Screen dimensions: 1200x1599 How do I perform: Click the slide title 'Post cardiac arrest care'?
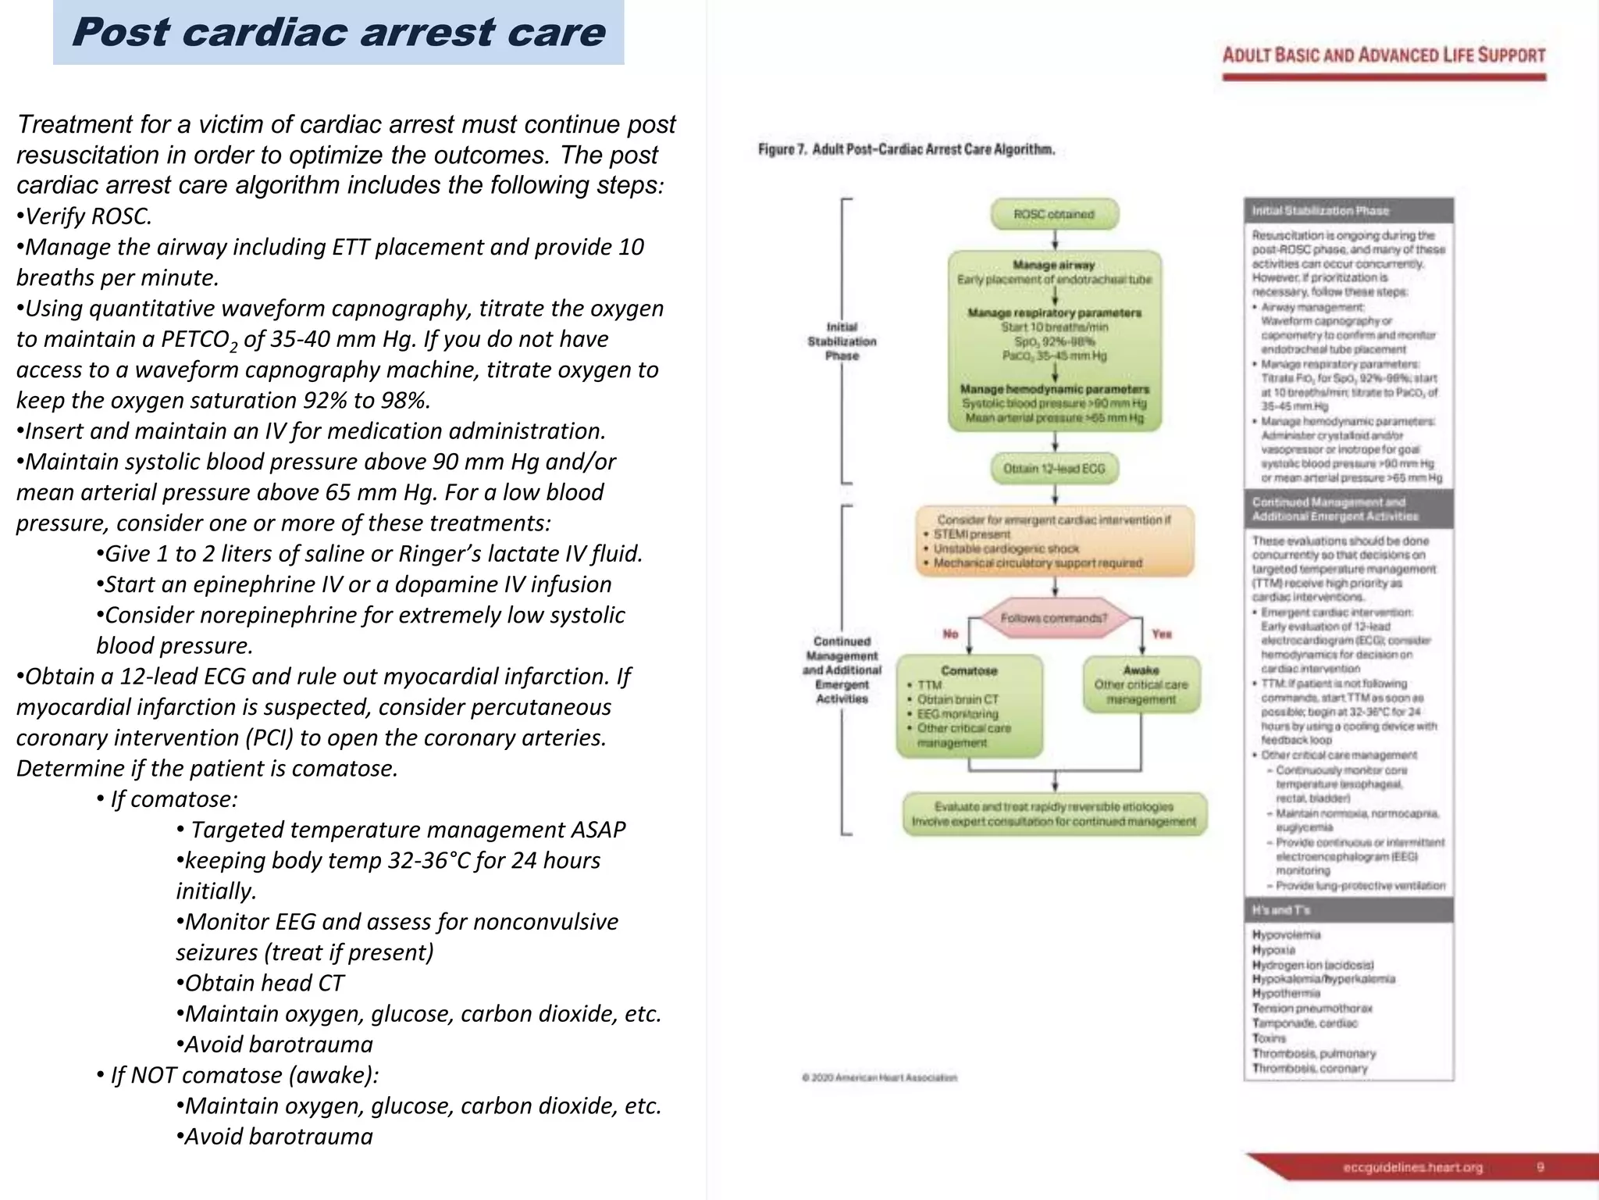click(338, 33)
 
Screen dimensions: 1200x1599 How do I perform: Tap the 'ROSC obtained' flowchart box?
click(1054, 214)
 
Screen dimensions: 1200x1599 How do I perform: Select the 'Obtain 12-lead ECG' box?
click(1054, 469)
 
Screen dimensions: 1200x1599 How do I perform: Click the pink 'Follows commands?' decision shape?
click(1054, 618)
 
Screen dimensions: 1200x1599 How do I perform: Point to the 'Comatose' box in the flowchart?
click(969, 705)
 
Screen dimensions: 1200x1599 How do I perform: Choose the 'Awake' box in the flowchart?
click(1141, 684)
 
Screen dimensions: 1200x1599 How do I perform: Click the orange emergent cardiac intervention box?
click(1054, 541)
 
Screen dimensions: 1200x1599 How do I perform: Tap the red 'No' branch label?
click(950, 634)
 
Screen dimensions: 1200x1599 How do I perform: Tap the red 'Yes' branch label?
click(1162, 634)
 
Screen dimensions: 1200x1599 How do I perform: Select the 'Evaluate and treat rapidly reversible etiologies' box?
click(1054, 814)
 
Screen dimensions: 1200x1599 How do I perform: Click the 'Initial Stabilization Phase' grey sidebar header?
click(1348, 210)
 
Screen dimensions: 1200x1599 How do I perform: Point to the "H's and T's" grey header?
click(1348, 910)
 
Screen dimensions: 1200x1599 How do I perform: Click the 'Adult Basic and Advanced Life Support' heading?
click(1384, 55)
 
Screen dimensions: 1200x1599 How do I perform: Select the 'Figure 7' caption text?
click(906, 149)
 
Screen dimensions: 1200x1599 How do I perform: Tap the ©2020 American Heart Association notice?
click(879, 1077)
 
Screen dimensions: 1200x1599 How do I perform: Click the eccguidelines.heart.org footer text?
click(1412, 1167)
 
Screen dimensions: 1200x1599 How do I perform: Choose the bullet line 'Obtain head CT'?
click(260, 983)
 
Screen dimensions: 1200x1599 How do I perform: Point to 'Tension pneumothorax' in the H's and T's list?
click(1312, 1009)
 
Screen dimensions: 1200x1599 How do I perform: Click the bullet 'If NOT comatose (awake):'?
click(238, 1075)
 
